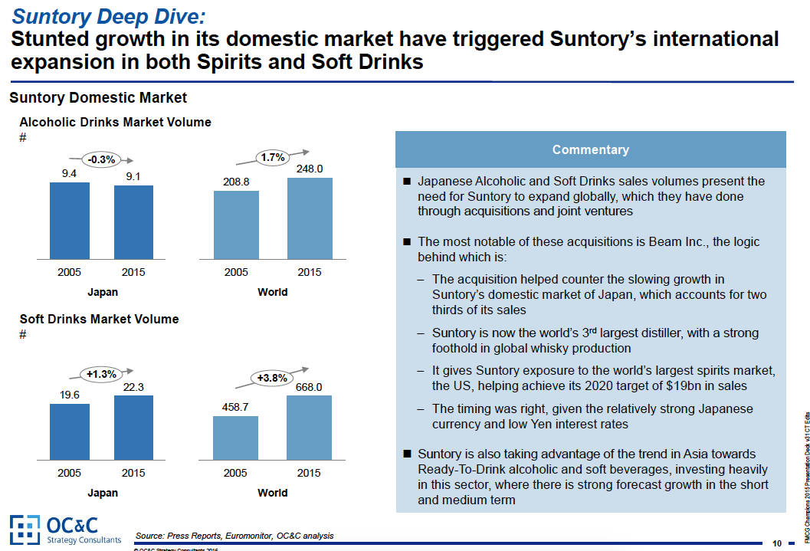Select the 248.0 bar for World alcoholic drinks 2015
[310, 218]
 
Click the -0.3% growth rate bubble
[101, 159]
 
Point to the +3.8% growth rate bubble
[272, 378]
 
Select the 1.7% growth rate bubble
[273, 157]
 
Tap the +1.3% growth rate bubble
[101, 374]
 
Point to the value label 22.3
[133, 387]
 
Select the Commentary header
[590, 150]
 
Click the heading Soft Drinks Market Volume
[99, 319]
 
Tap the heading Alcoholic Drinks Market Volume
[115, 122]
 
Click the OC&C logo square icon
[24, 529]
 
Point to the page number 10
[777, 543]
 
